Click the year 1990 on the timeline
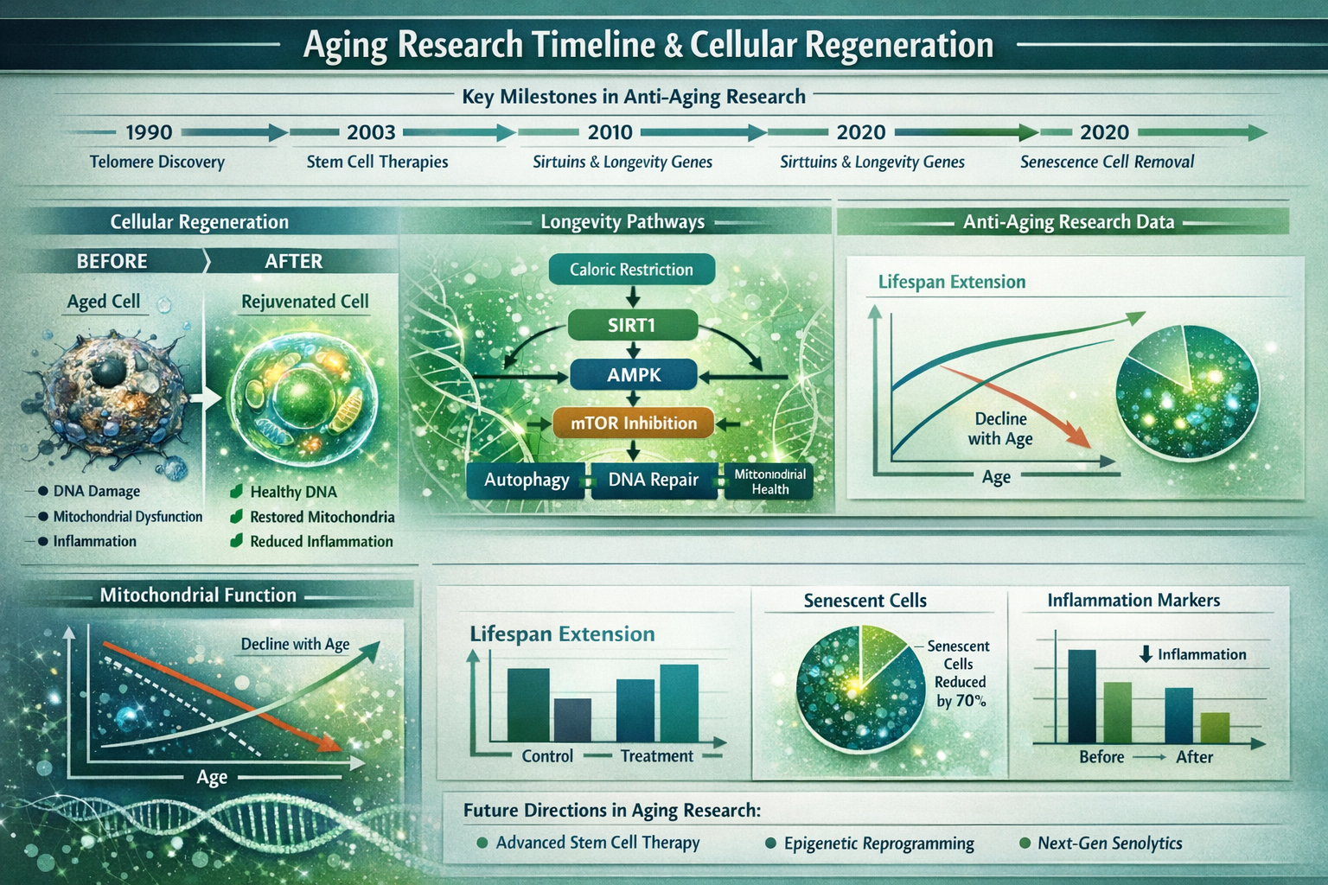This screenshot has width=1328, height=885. point(149,132)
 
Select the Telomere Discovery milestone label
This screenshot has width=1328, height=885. point(156,162)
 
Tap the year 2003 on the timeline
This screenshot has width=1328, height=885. point(371,132)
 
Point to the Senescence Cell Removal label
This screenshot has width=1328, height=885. point(1107,162)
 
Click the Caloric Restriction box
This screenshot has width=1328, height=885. point(631,270)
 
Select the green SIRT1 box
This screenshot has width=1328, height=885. point(632,325)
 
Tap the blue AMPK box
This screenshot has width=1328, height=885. point(633,375)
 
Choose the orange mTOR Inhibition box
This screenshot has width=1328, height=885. point(633,423)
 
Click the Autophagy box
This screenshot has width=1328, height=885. point(527,480)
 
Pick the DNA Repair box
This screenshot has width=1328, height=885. point(653,480)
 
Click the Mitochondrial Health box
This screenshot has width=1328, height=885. point(769,481)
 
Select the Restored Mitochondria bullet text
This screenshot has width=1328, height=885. point(322,517)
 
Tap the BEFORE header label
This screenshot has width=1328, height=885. point(112,261)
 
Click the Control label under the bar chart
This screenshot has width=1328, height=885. point(547,756)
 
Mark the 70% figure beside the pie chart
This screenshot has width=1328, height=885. point(970,701)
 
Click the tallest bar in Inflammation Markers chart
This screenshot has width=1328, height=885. point(1082,696)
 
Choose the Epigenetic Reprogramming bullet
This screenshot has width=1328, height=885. point(878,844)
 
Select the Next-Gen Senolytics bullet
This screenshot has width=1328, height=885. point(1109,844)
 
